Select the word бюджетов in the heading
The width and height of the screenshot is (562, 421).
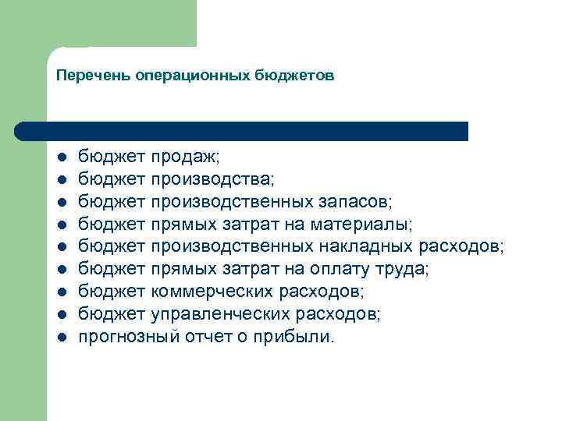click(295, 76)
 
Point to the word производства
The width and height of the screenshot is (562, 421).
click(212, 179)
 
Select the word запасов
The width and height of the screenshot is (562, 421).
click(356, 202)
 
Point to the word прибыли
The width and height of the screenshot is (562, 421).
click(300, 337)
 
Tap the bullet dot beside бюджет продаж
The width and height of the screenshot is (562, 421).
click(60, 157)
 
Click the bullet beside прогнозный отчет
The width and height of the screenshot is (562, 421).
click(60, 338)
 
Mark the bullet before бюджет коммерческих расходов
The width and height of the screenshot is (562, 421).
click(60, 292)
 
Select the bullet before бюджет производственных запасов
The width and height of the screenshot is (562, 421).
click(60, 203)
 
